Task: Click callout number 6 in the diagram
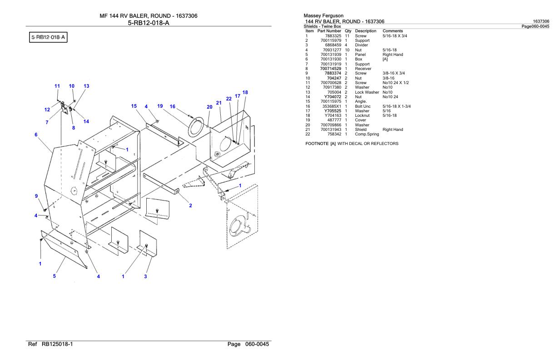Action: click(35, 135)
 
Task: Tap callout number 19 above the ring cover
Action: click(160, 106)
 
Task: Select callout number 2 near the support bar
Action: click(190, 205)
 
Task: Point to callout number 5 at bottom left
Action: click(55, 276)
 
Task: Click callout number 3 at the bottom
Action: click(145, 277)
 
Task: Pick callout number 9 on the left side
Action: click(36, 196)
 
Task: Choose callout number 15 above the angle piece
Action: click(134, 106)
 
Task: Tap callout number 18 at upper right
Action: click(245, 92)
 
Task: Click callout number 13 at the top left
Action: click(86, 86)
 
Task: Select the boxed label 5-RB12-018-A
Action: click(48, 37)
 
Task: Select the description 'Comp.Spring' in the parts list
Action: click(367, 134)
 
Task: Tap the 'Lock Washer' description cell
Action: click(367, 92)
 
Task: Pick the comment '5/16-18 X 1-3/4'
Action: click(397, 106)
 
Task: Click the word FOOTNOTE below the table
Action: click(316, 144)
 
